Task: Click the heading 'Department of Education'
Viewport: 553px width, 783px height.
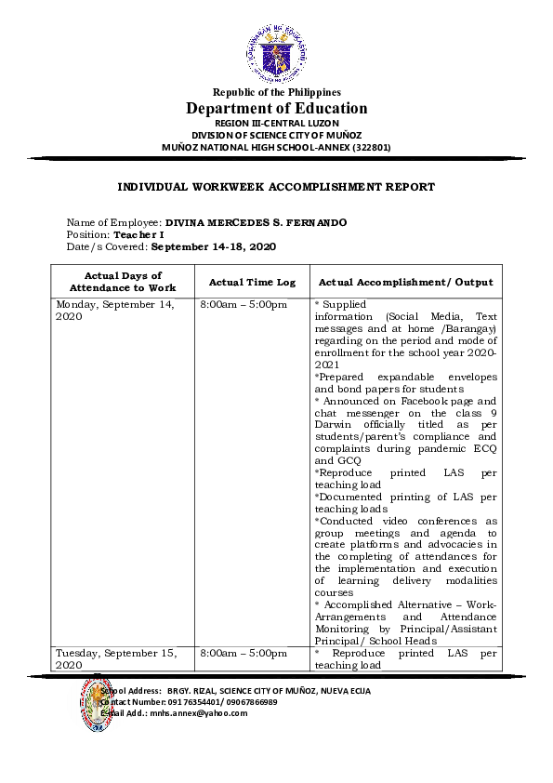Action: (276, 108)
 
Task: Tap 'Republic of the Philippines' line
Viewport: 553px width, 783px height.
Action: (276, 92)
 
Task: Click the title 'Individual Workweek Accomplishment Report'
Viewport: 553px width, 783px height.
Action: (276, 187)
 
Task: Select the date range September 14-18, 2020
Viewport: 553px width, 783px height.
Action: (213, 247)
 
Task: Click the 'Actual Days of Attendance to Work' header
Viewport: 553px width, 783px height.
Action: (123, 282)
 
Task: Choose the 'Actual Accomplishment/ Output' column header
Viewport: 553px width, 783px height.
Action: (405, 282)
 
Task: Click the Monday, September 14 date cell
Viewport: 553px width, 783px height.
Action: (115, 311)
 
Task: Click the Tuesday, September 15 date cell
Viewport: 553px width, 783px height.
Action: (116, 659)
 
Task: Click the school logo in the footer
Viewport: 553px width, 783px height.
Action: (96, 704)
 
